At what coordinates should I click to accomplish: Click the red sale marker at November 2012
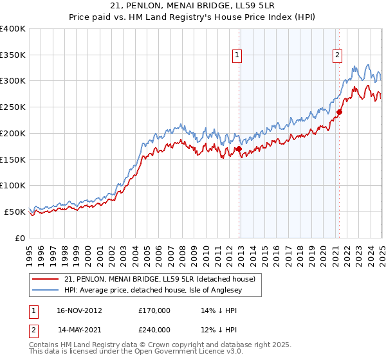[239, 149]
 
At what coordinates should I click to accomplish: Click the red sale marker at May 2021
[338, 112]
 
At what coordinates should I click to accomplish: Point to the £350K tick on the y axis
[13, 55]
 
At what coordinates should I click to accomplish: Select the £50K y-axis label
[15, 212]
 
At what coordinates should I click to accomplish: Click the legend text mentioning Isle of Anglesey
[160, 290]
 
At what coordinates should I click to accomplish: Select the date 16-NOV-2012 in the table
[79, 310]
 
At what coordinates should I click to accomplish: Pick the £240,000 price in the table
[154, 329]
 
